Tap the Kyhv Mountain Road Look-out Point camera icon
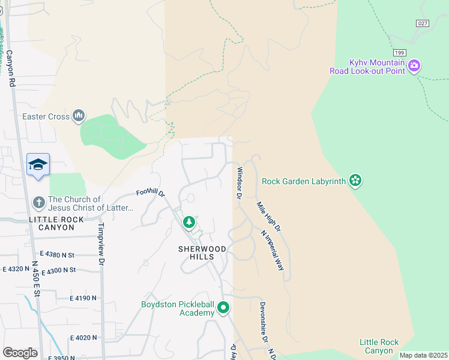point(414,66)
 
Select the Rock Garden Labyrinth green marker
point(355,180)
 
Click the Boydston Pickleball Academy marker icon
point(223,308)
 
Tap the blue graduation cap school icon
point(38,165)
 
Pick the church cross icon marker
point(38,203)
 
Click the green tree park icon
point(189,223)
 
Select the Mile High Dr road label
point(268,217)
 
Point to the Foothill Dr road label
point(151,193)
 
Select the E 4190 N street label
point(88,298)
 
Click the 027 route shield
point(423,22)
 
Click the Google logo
point(20,353)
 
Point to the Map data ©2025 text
point(423,355)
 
